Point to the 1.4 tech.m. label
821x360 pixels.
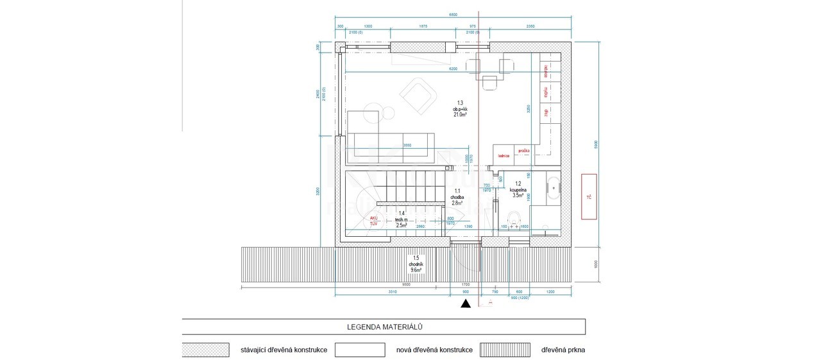coord(402,219)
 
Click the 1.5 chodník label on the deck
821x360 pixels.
coord(416,264)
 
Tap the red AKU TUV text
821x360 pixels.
coord(374,221)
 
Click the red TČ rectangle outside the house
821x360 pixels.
coord(589,196)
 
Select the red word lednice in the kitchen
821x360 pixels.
coord(502,156)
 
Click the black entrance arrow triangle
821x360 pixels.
coord(466,304)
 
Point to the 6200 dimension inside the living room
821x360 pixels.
coord(453,69)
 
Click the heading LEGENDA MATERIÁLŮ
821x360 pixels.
coord(384,327)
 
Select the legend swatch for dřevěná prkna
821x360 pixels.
coord(506,350)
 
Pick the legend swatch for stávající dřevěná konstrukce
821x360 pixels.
coord(206,350)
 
